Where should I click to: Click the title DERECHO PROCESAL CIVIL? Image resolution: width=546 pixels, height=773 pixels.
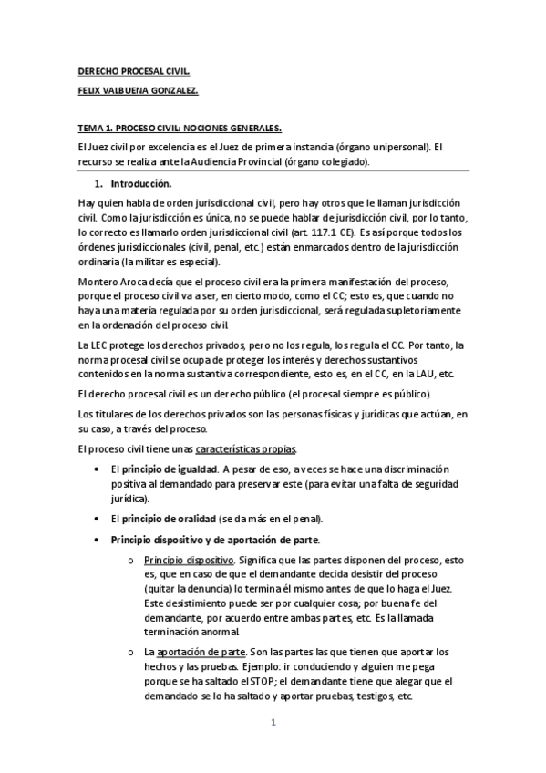pyautogui.click(x=134, y=70)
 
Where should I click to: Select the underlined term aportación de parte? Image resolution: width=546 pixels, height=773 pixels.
pyautogui.click(x=201, y=653)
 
